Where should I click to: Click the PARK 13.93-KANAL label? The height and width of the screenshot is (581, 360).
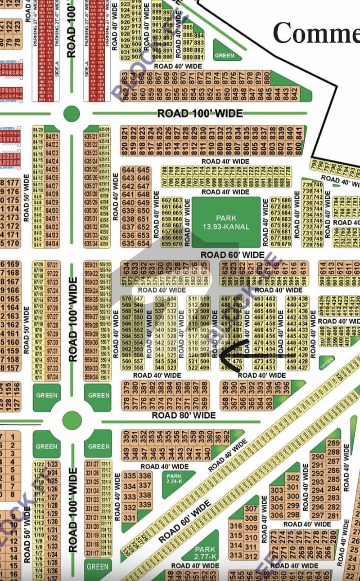point(226,223)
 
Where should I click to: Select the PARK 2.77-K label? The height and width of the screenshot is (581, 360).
point(205,552)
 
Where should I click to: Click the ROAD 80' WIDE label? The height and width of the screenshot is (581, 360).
point(184,415)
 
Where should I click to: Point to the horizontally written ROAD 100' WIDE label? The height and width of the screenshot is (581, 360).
point(200,113)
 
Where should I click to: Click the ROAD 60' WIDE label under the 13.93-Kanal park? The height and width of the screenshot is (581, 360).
point(232,255)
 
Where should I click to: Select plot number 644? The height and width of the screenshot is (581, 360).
point(129,170)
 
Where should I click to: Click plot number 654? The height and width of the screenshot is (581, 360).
point(144,243)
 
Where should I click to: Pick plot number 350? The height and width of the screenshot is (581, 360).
point(126,437)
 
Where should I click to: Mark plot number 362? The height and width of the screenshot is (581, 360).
point(226,437)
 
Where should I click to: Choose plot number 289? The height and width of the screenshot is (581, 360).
point(333,443)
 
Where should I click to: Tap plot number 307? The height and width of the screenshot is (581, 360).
point(251,509)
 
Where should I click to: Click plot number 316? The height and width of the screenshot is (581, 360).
point(236,526)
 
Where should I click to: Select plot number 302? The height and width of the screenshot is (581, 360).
point(292,478)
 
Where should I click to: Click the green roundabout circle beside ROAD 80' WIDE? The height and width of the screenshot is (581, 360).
point(72,420)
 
